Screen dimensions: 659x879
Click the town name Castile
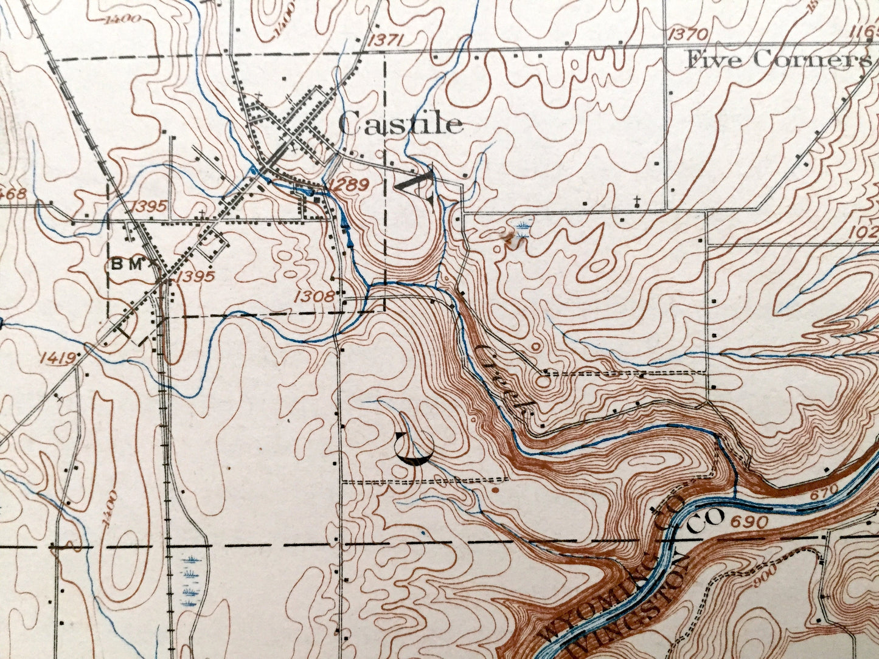pyautogui.click(x=400, y=125)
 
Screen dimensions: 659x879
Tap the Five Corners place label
pyautogui.click(x=779, y=60)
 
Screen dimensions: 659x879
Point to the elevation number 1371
pyautogui.click(x=386, y=40)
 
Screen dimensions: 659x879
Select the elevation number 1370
pyautogui.click(x=688, y=34)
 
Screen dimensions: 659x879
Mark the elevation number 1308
pyautogui.click(x=314, y=296)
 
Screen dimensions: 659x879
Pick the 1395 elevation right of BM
pyautogui.click(x=196, y=277)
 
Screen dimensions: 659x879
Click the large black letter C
pyautogui.click(x=414, y=447)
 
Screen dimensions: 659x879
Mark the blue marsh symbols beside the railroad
pyautogui.click(x=191, y=581)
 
